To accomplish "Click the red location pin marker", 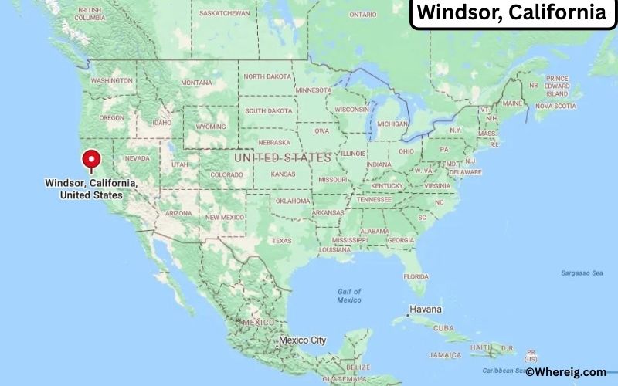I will pyautogui.click(x=93, y=159).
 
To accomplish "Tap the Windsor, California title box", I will pyautogui.click(x=512, y=13).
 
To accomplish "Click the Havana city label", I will pyautogui.click(x=426, y=309).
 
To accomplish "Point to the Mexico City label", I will pyautogui.click(x=302, y=340).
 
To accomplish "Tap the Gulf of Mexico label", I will pyautogui.click(x=349, y=295).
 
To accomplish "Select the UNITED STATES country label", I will pyautogui.click(x=283, y=157).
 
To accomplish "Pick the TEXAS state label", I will pyautogui.click(x=281, y=240).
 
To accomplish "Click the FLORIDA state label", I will pyautogui.click(x=416, y=276).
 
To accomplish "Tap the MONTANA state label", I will pyautogui.click(x=196, y=83).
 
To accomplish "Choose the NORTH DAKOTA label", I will pyautogui.click(x=268, y=76).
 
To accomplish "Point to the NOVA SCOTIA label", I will pyautogui.click(x=556, y=106).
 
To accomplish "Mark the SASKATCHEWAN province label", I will pyautogui.click(x=224, y=13).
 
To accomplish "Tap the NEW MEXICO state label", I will pyautogui.click(x=224, y=217).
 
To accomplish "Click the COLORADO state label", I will pyautogui.click(x=226, y=174).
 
